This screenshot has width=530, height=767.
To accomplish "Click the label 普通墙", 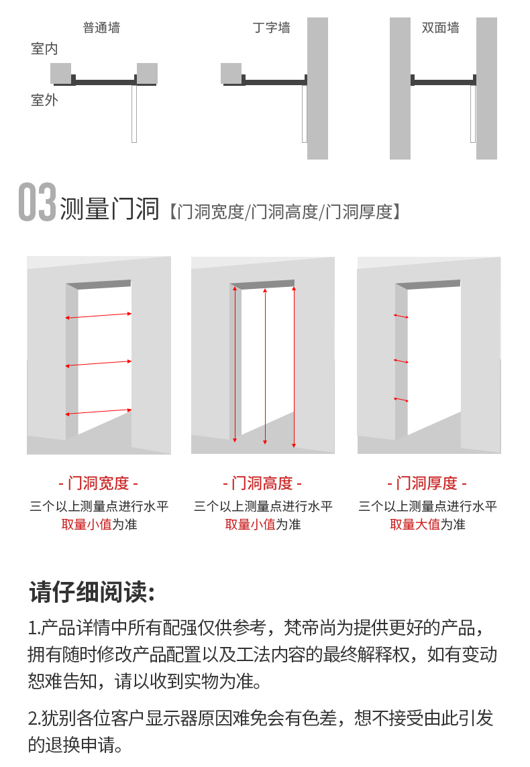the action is (101, 27).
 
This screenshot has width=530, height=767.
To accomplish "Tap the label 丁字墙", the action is (272, 27).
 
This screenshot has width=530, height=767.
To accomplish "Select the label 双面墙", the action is (441, 28).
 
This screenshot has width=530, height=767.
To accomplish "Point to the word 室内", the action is (44, 49).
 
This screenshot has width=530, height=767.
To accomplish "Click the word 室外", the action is (44, 101).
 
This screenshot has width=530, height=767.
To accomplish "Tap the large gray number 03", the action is (37, 202).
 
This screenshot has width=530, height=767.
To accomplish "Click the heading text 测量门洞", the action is (109, 209).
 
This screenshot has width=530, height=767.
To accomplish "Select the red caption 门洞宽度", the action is (99, 483).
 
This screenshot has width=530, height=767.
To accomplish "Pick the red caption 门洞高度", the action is (262, 483).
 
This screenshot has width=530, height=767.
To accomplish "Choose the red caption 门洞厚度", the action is (427, 483).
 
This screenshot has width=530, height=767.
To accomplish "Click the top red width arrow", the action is (99, 316).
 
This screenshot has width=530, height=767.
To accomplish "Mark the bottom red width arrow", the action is (99, 412).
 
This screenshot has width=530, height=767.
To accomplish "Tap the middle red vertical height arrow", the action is (265, 366).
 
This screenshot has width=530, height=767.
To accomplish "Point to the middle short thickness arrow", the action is (401, 361).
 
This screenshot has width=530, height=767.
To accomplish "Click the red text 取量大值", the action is (415, 524).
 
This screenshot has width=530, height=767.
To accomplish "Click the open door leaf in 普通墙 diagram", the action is (134, 114).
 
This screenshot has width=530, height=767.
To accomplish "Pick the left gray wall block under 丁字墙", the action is (231, 73).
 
